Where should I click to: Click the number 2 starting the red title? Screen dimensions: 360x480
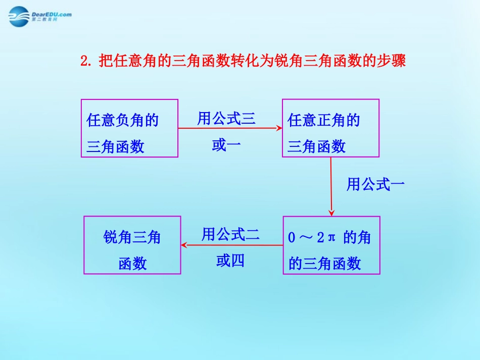[x=84, y=62]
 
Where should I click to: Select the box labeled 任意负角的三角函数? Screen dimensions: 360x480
[x=129, y=128]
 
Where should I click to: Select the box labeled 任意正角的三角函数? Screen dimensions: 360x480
[x=330, y=128]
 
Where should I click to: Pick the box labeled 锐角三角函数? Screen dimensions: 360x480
[x=132, y=245]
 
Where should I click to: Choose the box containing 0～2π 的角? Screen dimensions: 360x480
[x=331, y=245]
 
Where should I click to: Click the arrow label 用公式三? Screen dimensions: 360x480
[x=226, y=119]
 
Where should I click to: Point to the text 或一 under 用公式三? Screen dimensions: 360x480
[x=226, y=145]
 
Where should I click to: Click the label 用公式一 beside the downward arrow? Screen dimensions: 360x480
[x=375, y=185]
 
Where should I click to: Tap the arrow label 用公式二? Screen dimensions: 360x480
[x=230, y=234]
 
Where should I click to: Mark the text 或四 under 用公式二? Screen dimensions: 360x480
[x=230, y=261]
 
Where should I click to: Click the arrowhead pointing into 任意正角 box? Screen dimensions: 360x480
[x=279, y=128]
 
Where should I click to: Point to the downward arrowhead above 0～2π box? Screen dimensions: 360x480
[x=331, y=213]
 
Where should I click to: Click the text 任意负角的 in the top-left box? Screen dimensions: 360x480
[x=123, y=120]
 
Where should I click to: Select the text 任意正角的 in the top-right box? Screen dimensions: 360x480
[x=323, y=120]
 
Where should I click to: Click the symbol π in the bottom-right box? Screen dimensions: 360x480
[x=332, y=237]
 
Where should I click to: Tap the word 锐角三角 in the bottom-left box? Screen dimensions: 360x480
[x=132, y=237]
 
